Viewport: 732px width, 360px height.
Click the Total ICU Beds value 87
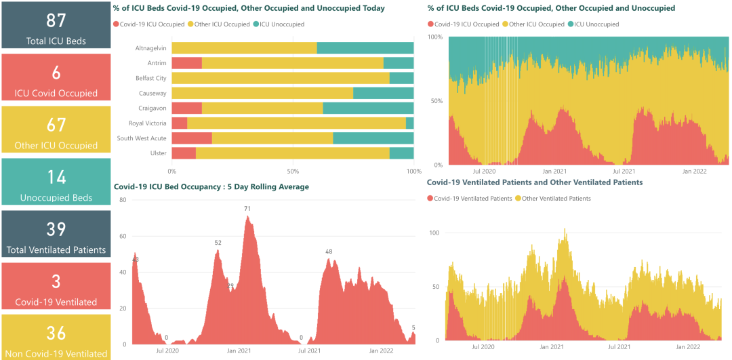pos(56,20)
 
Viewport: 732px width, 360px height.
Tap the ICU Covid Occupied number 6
pos(56,73)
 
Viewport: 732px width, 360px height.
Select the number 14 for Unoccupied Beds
pos(56,177)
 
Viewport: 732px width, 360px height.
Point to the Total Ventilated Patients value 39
pos(56,229)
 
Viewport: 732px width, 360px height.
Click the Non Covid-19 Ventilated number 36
pos(56,333)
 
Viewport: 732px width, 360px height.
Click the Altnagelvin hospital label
pos(150,48)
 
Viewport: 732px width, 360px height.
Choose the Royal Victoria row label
pos(147,123)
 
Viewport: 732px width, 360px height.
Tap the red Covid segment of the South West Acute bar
pos(192,138)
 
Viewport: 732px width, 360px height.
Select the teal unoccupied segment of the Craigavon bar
pos(368,108)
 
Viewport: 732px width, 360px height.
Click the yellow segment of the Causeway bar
pos(262,93)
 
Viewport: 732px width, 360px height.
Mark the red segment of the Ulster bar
pos(184,153)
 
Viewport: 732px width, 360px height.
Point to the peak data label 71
pos(248,209)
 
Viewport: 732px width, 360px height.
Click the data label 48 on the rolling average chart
pos(329,252)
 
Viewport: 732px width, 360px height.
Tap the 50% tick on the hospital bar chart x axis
pos(293,171)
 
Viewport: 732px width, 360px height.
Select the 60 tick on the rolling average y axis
pos(123,236)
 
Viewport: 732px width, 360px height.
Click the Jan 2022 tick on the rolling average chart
pos(382,351)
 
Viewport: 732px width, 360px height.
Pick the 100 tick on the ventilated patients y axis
pos(434,233)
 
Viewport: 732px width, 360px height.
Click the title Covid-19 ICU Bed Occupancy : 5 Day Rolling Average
pos(211,187)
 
